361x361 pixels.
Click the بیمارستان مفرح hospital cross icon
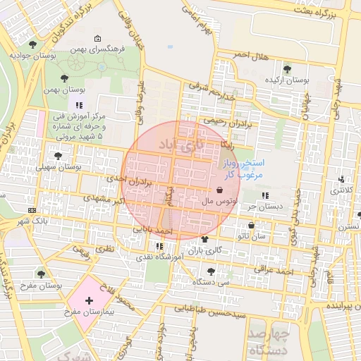pos(88,300)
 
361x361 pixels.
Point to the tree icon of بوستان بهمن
pos(65,78)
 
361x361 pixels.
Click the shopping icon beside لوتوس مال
pos(220,190)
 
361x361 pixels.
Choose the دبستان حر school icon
pos(265,195)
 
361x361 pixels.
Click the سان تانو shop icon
pos(252,226)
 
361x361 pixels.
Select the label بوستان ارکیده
pos(287,80)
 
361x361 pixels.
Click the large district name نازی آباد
pos(180,145)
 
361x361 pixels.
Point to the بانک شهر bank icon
pos(31,211)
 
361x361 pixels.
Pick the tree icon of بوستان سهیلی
pos(58,156)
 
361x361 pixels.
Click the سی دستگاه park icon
pos(211,270)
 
